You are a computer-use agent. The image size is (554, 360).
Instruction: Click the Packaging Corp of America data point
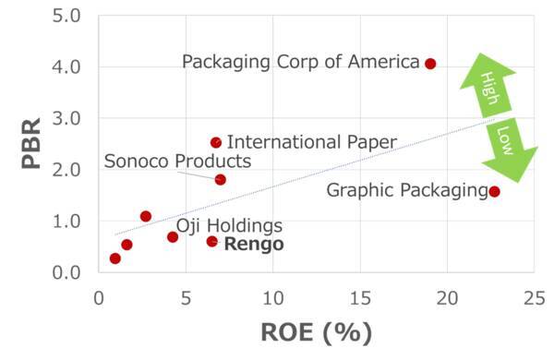click(x=430, y=64)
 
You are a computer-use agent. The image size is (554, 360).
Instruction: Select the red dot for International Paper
click(x=216, y=142)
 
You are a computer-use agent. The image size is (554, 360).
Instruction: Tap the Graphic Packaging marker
click(x=495, y=191)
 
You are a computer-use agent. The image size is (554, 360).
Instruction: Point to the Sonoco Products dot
click(x=220, y=179)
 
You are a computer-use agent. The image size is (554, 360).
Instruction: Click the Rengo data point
click(x=211, y=241)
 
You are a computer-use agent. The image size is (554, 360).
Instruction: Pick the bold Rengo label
click(x=254, y=245)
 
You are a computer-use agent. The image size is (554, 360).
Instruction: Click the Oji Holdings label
click(x=229, y=225)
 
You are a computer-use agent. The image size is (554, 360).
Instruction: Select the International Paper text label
click(x=311, y=142)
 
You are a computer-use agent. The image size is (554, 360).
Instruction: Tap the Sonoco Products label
click(x=177, y=162)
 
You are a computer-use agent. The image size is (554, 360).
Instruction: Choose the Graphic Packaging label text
click(x=407, y=191)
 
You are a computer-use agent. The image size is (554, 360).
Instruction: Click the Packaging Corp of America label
click(x=301, y=62)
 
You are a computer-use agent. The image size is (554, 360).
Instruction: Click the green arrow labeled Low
click(x=509, y=148)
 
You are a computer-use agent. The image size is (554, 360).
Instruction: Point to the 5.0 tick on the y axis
click(x=68, y=16)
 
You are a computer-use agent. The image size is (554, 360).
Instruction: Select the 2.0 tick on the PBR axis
click(x=68, y=170)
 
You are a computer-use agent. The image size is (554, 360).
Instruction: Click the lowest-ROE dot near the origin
click(x=114, y=258)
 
